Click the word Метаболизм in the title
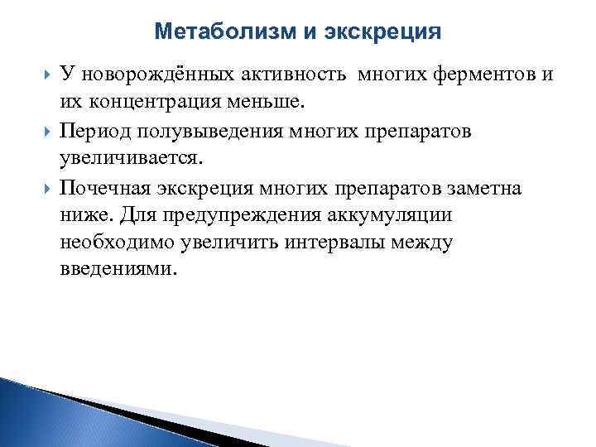point(211,32)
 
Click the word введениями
point(118,270)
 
